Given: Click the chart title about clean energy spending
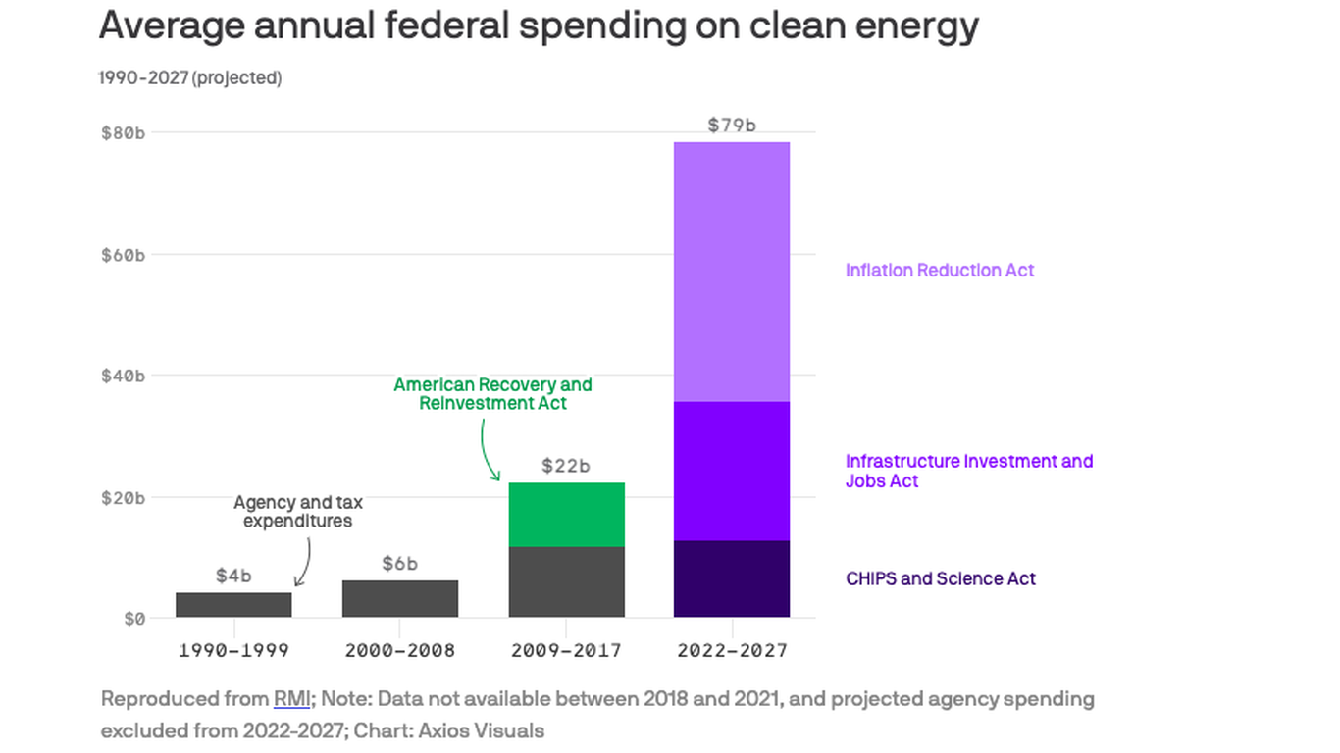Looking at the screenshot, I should [539, 25].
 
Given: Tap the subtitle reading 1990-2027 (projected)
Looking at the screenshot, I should [190, 77].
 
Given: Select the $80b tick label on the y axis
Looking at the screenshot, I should [123, 132].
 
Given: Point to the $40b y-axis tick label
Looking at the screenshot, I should [123, 376].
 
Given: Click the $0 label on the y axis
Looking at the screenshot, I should [133, 619].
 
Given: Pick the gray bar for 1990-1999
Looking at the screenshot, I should [233, 605].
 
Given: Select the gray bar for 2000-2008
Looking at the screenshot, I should [399, 599].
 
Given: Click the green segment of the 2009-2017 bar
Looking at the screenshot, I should [566, 515].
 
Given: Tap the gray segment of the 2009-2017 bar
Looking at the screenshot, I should [566, 581].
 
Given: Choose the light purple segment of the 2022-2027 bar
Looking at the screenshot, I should [732, 272].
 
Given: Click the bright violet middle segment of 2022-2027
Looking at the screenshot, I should [732, 471].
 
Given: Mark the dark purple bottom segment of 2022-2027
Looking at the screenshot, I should [732, 578].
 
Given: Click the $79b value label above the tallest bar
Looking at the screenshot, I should [732, 125].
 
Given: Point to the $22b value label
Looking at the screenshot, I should [566, 466].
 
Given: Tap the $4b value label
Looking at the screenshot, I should [233, 576].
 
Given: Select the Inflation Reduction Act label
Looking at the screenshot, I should [940, 270].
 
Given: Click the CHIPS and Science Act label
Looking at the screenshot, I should [940, 578].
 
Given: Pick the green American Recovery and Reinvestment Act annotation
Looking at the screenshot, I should [492, 393].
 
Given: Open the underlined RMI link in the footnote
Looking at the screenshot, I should [291, 699].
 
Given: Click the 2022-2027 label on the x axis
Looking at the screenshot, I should [732, 650].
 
